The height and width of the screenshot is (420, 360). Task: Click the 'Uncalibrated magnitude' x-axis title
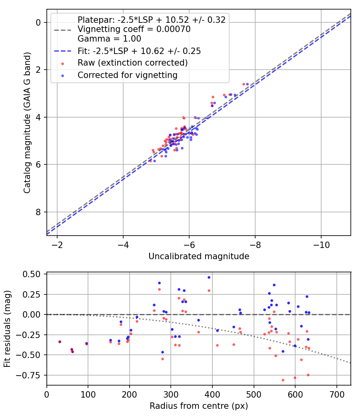[199, 256]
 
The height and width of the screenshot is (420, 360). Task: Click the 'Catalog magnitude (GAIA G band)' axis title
[27, 123]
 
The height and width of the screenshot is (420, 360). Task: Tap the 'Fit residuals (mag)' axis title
[7, 329]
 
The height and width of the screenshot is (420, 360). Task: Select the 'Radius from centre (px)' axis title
[199, 406]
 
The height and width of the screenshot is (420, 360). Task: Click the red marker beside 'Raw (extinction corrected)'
[63, 64]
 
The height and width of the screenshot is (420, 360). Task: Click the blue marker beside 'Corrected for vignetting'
[63, 76]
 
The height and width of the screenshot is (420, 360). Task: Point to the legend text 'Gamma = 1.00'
[109, 39]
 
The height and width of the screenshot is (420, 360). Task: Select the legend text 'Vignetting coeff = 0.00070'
[134, 29]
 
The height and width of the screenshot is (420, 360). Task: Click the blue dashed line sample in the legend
[63, 51]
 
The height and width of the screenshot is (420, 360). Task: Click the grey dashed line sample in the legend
[63, 30]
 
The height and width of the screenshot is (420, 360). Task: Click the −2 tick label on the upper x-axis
[57, 245]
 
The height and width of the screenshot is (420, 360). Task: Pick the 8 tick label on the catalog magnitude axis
[38, 212]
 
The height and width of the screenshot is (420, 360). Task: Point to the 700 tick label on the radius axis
[337, 394]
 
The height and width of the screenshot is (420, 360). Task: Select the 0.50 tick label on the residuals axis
[31, 274]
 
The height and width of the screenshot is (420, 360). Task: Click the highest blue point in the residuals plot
[209, 278]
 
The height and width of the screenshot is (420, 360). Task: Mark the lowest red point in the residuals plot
[283, 380]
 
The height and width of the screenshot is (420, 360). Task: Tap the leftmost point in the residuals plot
[60, 342]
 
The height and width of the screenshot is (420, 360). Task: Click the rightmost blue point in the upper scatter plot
[247, 84]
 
